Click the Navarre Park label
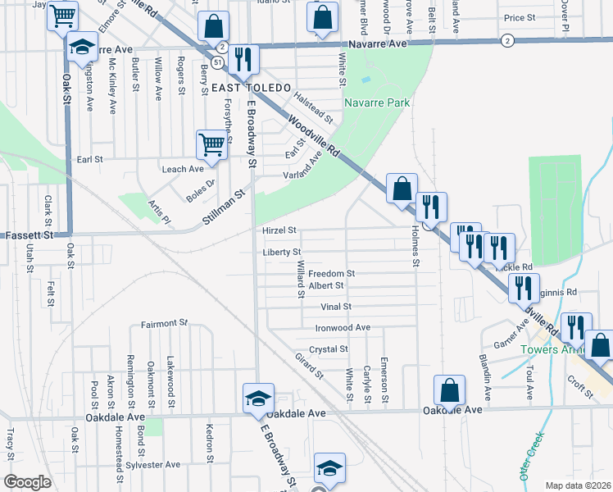(377, 102)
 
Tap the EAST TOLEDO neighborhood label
(252, 88)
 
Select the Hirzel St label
(279, 231)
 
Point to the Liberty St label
(282, 252)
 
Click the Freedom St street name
(331, 273)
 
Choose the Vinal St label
(335, 307)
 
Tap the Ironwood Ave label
(343, 327)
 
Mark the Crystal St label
(329, 348)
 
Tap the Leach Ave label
(183, 169)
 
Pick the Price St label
(520, 17)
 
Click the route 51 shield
(216, 62)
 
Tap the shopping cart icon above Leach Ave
(211, 144)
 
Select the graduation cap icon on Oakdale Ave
(258, 399)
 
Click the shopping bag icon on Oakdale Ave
(449, 390)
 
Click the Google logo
(28, 482)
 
